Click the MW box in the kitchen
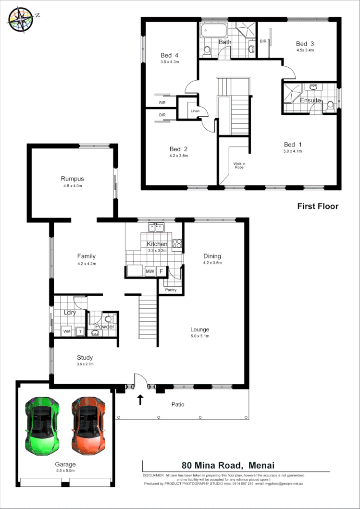click(150, 272)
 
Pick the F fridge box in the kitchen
click(161, 272)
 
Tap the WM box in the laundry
click(67, 331)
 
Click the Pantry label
click(170, 290)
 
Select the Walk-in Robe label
click(239, 166)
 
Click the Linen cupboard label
click(195, 111)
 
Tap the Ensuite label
click(310, 101)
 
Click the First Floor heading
click(318, 206)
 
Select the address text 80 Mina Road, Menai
click(228, 465)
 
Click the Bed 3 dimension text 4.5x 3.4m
click(305, 50)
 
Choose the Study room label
click(85, 358)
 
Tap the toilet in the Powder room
click(108, 318)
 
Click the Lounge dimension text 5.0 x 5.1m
click(199, 336)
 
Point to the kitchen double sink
click(156, 228)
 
